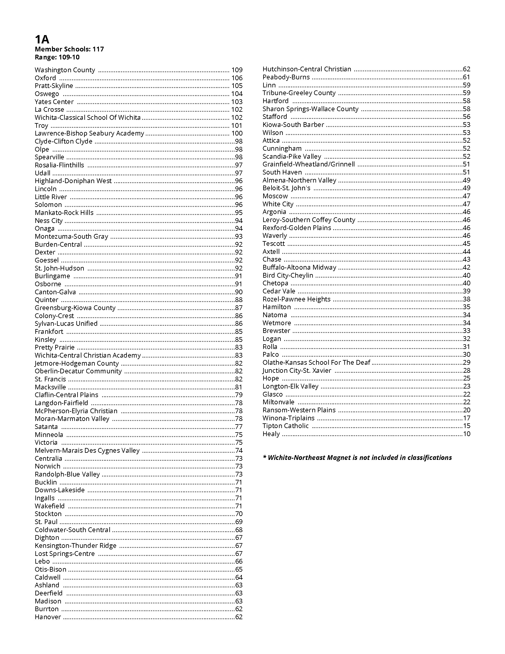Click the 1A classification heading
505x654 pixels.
(42, 39)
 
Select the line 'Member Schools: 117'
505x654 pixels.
(69, 49)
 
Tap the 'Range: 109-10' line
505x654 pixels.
(57, 57)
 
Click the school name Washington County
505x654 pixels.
(65, 70)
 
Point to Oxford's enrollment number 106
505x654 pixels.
(237, 78)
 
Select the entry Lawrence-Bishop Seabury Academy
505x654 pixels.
(89, 133)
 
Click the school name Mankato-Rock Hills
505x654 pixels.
(64, 213)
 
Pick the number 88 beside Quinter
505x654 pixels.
(239, 300)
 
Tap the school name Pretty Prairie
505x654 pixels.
(54, 347)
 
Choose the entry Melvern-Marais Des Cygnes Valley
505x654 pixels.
(87, 450)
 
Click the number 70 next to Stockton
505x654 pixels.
(239, 514)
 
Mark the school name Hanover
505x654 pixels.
(48, 617)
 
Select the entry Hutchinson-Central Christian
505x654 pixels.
(307, 69)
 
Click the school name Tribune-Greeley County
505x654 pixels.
(299, 93)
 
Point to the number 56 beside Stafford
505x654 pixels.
(466, 117)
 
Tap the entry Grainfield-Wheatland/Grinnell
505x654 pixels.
(308, 164)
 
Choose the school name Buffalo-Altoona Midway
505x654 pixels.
(299, 267)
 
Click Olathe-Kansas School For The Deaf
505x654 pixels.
(316, 362)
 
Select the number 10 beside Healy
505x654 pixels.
(466, 434)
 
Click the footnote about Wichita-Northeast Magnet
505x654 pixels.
(357, 458)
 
